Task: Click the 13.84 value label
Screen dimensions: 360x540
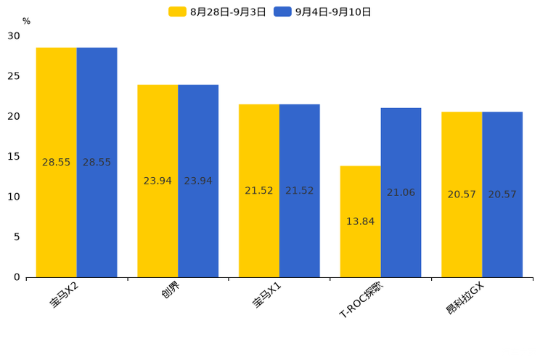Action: [x=360, y=221]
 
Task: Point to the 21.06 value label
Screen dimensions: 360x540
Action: [x=401, y=192]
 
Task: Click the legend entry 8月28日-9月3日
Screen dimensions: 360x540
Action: [x=218, y=12]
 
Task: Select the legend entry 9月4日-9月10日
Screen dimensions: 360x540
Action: [x=323, y=12]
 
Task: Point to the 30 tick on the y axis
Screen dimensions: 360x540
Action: [x=14, y=36]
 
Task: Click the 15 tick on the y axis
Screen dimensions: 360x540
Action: [x=14, y=156]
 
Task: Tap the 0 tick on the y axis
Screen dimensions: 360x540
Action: [x=17, y=277]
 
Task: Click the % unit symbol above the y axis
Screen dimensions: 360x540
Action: [x=26, y=21]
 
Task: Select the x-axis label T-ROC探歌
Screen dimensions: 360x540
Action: [x=361, y=300]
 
